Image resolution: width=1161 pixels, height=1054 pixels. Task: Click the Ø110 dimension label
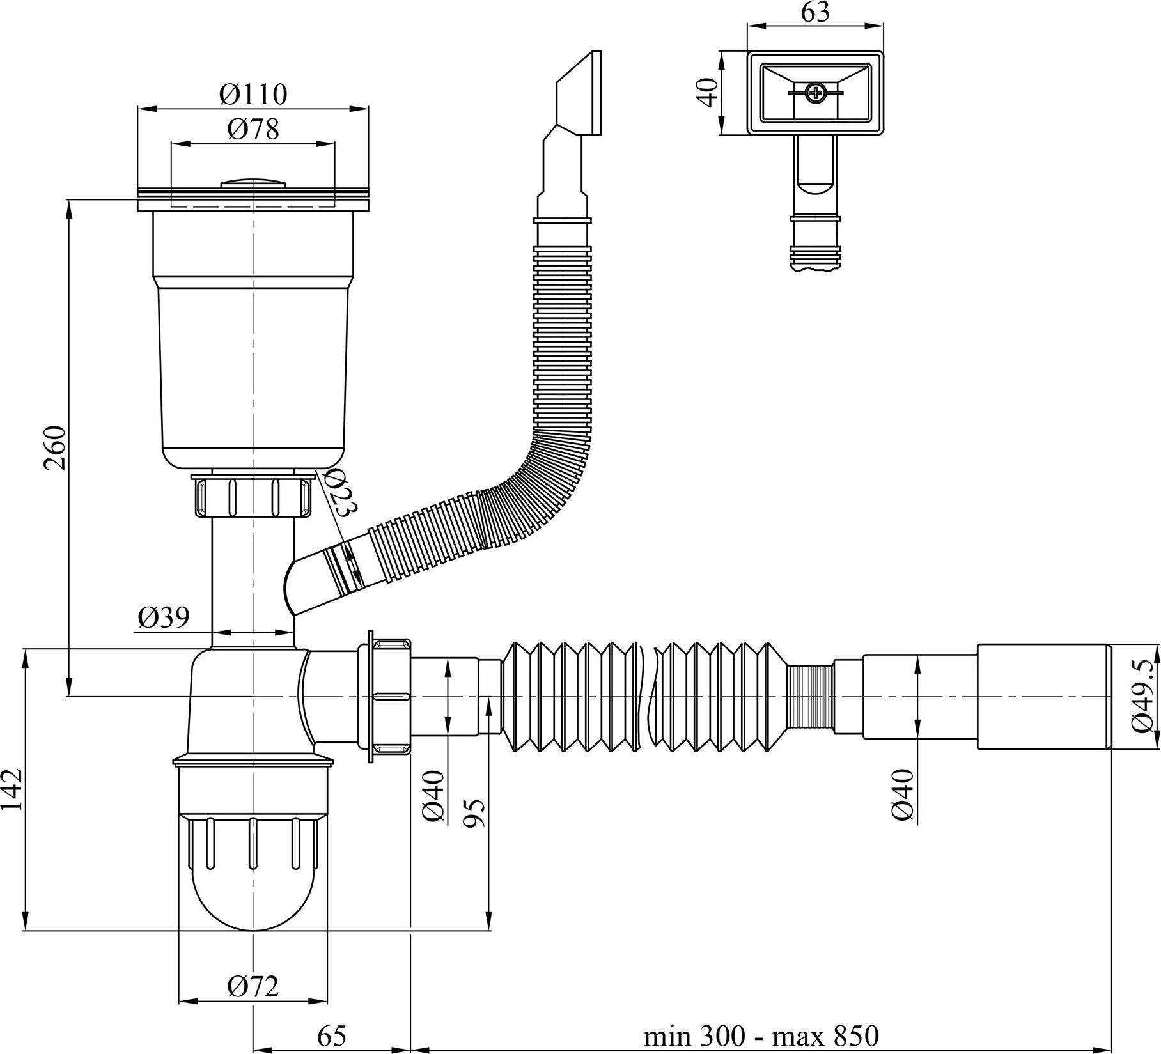click(x=253, y=95)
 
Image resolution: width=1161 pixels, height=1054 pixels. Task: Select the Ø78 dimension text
click(x=253, y=130)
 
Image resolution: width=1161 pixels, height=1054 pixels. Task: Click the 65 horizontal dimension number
click(x=331, y=1036)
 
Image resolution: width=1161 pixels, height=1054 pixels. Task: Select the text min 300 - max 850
click(x=761, y=1035)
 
